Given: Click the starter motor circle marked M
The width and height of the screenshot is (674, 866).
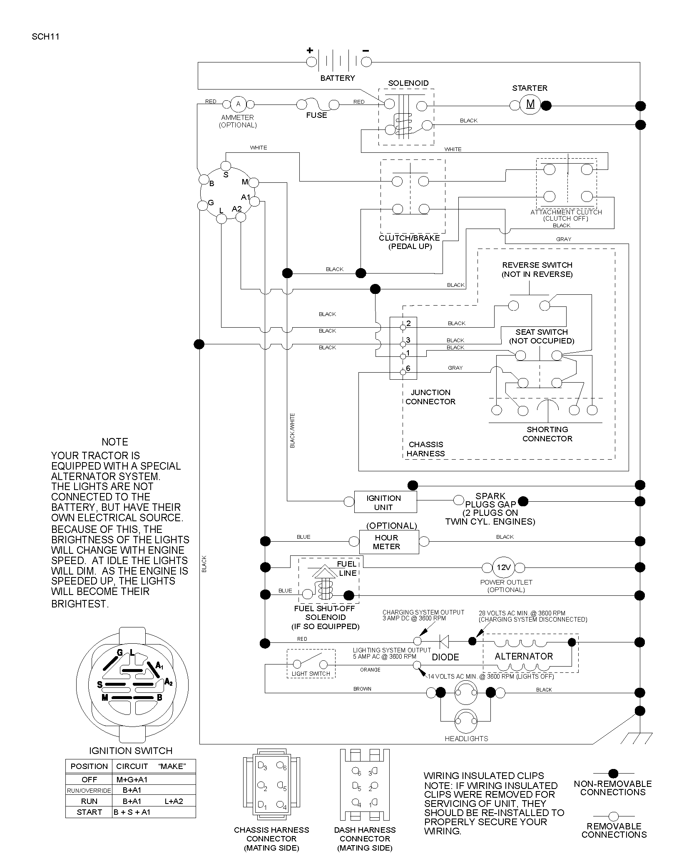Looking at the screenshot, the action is (530, 104).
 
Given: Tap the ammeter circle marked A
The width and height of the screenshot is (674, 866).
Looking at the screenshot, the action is (238, 104).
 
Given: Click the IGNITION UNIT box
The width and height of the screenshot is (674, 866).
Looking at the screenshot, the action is (385, 502).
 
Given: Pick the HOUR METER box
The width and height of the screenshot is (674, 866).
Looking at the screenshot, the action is (388, 542).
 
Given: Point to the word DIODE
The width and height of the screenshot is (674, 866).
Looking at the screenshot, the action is (445, 657).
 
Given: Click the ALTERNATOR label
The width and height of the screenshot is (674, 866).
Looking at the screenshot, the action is (523, 656).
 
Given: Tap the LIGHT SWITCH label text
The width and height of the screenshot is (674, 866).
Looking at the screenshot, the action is (311, 673).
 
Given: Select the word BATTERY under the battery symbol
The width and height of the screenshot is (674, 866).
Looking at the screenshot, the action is (338, 78).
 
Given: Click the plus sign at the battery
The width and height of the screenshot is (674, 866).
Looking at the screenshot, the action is (310, 50).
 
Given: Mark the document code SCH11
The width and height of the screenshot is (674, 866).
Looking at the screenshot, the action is (45, 36).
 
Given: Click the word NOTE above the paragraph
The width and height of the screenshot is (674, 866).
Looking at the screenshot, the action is (115, 442).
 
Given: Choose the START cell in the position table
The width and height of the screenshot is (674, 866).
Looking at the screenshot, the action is (89, 812).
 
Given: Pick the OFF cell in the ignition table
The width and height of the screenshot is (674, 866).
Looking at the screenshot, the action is (89, 779).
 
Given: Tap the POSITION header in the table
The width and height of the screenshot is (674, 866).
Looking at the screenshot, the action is (89, 766).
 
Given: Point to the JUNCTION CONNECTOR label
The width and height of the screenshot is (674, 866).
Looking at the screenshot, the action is (430, 397).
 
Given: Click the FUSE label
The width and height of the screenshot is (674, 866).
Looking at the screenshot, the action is (316, 115).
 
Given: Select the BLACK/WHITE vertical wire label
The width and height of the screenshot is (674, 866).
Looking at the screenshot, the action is (292, 431).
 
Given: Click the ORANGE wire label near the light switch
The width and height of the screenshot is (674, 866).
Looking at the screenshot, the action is (370, 669).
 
